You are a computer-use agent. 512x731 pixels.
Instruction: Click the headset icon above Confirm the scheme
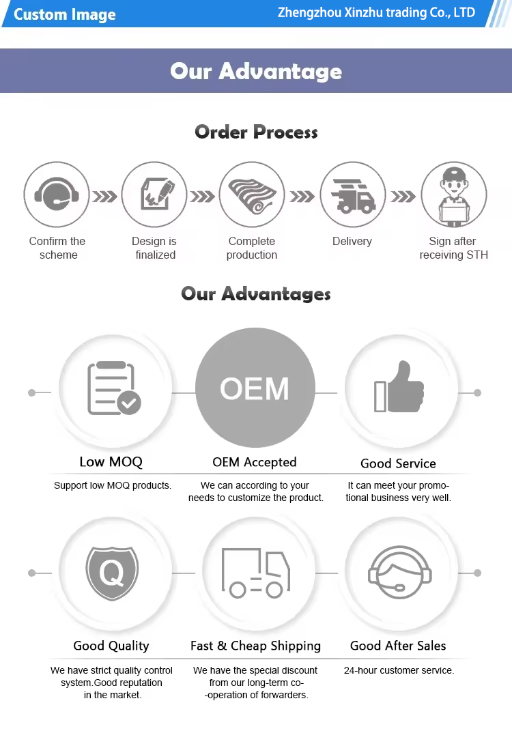pos(57,195)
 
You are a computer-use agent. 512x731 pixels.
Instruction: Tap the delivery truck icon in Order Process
pos(353,195)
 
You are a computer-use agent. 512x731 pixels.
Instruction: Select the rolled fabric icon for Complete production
pos(252,195)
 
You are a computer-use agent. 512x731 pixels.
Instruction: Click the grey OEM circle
pos(255,389)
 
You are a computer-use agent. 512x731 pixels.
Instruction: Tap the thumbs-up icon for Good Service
pos(399,387)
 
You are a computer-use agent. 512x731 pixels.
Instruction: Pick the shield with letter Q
pos(111,572)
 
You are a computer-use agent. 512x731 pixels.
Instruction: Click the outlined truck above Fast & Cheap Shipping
pos(255,573)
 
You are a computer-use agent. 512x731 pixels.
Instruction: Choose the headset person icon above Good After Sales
pos(399,572)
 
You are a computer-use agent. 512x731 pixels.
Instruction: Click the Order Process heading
pos(256,132)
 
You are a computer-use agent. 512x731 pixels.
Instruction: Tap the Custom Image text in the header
pos(65,14)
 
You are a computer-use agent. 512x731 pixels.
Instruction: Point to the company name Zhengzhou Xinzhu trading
pos(376,13)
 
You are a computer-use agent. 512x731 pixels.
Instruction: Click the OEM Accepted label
pos(255,462)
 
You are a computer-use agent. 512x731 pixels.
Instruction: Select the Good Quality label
pos(111,646)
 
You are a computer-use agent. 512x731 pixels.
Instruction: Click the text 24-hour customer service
pos(399,670)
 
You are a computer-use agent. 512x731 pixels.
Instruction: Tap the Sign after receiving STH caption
pos(453,248)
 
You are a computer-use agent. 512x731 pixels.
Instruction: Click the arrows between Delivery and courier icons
pos(403,197)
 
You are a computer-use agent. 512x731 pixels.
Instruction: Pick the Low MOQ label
pos(111,462)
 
